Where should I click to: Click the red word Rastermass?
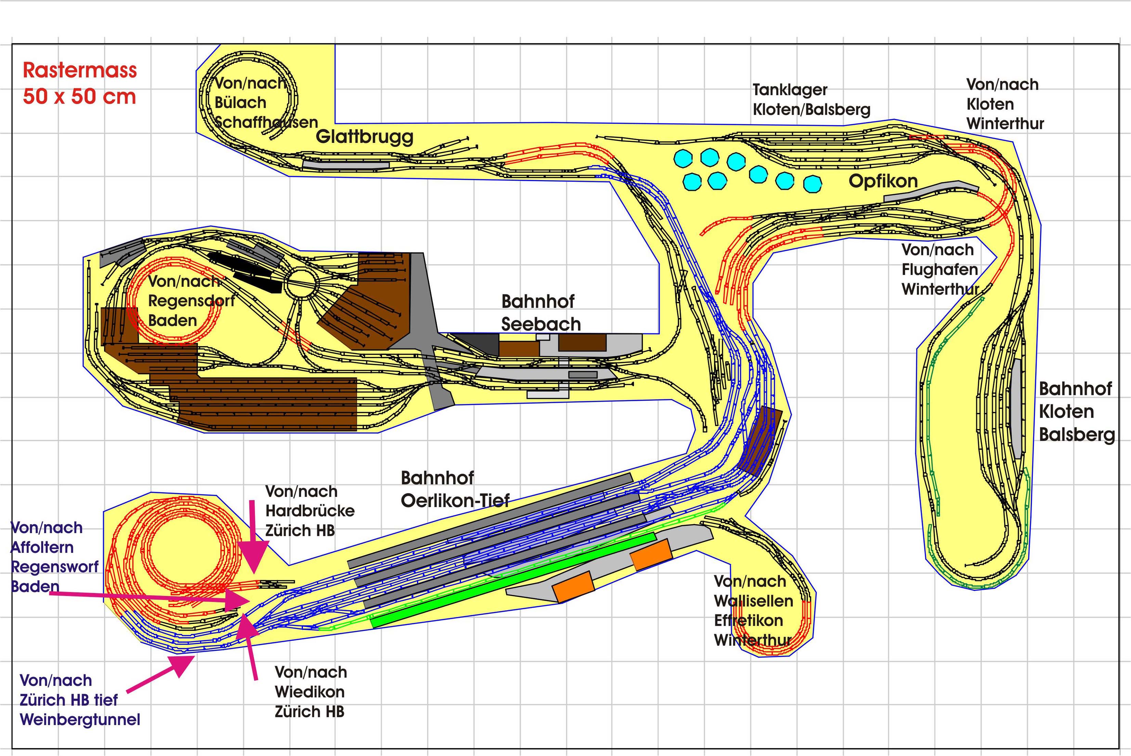coord(80,70)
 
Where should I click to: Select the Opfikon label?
coord(883,181)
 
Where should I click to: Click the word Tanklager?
coord(790,90)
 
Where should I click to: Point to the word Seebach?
coord(541,324)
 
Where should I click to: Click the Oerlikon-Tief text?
coord(455,501)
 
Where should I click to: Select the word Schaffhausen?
coord(266,122)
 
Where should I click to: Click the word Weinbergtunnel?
coord(80,720)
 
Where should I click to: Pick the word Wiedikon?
coord(310,692)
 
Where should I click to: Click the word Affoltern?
coord(42,547)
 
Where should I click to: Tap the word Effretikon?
coord(748,621)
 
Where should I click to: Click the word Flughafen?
coord(939,269)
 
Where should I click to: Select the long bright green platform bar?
coord(513,580)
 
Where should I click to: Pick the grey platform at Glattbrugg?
coord(346,164)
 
